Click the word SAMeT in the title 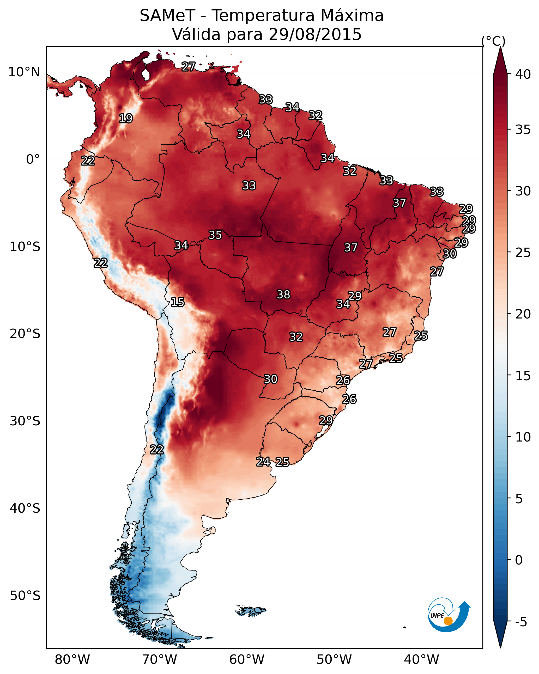[x=167, y=16]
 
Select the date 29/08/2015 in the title [x=315, y=34]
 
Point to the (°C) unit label [x=493, y=41]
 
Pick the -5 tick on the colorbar [x=521, y=622]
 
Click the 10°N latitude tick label [x=24, y=72]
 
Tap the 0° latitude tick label [x=33, y=160]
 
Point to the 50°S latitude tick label [x=25, y=596]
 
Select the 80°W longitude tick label [x=72, y=659]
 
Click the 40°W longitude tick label [x=421, y=659]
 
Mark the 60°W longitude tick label [x=247, y=659]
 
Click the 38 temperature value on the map [x=283, y=295]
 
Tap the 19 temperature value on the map [x=126, y=119]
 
